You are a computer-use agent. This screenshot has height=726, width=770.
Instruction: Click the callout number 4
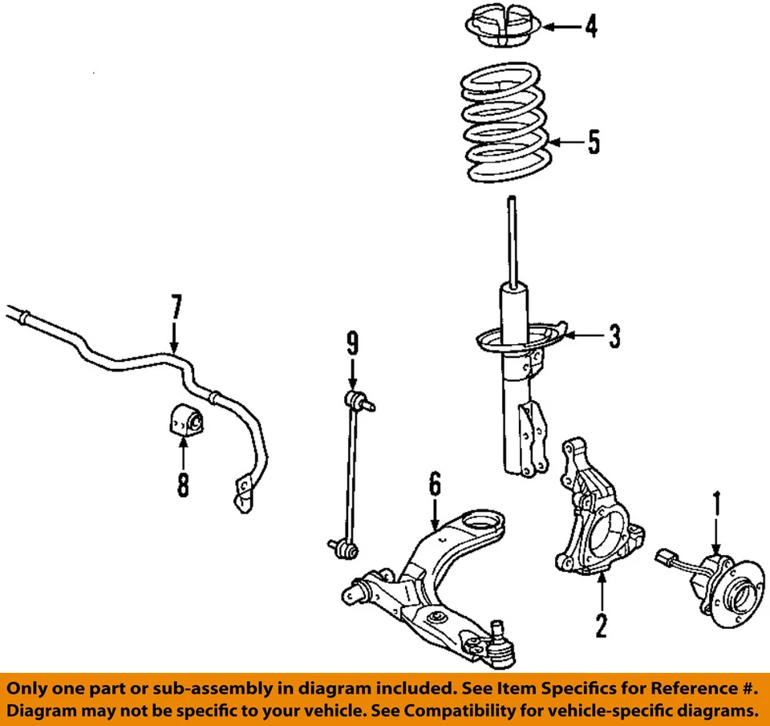coord(590,26)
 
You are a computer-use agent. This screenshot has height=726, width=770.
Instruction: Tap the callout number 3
coord(614,337)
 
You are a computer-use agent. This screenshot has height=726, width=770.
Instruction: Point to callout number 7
coord(176,308)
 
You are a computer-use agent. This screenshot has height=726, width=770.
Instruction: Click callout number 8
coord(183,484)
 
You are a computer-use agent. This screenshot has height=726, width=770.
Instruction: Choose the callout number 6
coord(434,485)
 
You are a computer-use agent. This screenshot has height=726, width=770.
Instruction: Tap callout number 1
coord(717,505)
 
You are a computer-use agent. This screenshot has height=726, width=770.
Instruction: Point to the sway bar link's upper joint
coord(353,400)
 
